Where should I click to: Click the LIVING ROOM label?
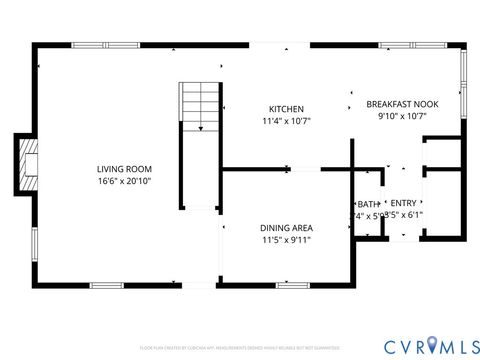(x=124, y=169)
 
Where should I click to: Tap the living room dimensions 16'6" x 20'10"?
(x=124, y=182)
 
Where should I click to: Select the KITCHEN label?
(x=286, y=109)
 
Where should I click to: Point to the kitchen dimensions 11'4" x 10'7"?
(x=286, y=121)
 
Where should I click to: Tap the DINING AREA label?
(x=286, y=227)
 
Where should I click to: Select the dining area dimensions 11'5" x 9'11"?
(x=286, y=240)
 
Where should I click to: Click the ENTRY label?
(x=403, y=203)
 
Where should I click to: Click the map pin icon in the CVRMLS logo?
(x=431, y=346)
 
